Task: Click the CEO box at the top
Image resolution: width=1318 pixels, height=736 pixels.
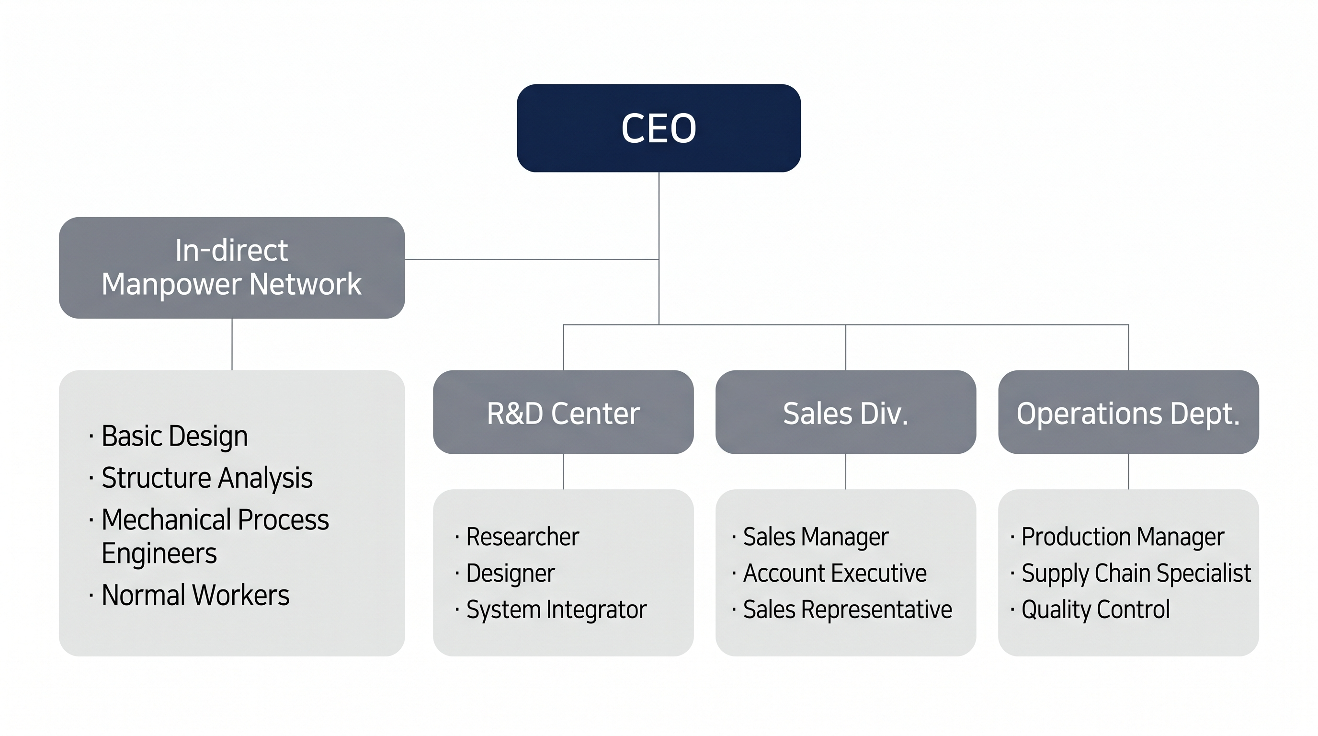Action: point(659,128)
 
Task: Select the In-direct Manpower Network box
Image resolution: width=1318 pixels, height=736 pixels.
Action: point(232,267)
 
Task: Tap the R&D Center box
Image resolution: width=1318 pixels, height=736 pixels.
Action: point(563,413)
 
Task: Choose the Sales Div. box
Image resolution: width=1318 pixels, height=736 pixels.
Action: point(845,413)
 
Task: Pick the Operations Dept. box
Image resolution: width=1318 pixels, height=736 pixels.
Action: point(1128,413)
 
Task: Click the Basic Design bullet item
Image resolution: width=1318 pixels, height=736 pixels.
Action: point(174,436)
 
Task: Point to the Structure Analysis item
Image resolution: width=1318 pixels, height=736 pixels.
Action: point(207,478)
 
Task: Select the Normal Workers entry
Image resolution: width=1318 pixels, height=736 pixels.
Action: point(195,595)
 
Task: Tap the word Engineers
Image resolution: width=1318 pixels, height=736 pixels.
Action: point(159,553)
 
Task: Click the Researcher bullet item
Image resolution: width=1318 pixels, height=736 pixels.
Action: point(523,537)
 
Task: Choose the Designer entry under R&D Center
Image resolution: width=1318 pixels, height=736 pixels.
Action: point(510,573)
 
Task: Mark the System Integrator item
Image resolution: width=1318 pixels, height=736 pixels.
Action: point(556,609)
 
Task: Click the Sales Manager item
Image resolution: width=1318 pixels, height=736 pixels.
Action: point(816,537)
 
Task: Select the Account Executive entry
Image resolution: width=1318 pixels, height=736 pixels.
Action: point(834,573)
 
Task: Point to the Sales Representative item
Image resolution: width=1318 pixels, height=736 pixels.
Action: point(847,609)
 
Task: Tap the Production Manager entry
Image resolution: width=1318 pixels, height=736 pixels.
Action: point(1123,537)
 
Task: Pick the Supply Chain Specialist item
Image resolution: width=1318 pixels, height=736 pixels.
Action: point(1136,573)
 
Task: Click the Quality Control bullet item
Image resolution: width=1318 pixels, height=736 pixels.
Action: point(1095,609)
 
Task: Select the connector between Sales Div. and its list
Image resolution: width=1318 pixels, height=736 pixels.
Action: point(845,471)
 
